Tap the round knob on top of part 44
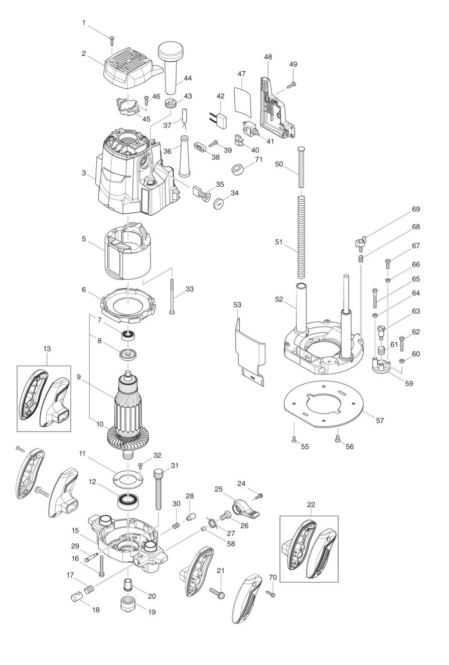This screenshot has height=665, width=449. pos(171,51)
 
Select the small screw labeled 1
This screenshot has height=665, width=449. pos(112,40)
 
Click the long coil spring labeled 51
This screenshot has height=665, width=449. pos(301,237)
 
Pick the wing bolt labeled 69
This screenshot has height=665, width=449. pos(360,242)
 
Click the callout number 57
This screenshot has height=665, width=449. pos(380,421)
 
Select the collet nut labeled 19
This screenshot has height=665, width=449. pos(127,604)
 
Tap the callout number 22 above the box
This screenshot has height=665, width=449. pos(311,504)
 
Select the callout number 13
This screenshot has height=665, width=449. pos(47,348)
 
